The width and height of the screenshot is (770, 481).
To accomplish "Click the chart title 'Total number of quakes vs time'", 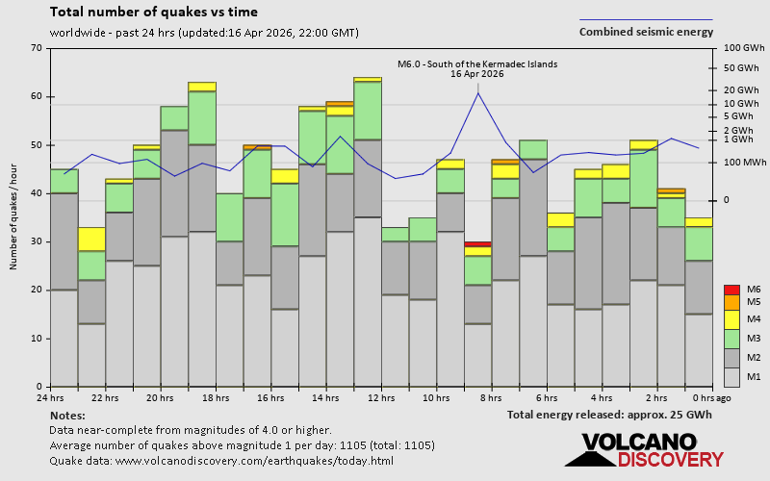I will tap(153, 13).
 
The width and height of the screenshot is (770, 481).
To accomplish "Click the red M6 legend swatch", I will tap(731, 290).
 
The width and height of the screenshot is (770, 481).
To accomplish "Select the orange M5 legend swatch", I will tap(731, 302).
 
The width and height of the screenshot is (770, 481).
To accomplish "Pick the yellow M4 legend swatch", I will tap(731, 318).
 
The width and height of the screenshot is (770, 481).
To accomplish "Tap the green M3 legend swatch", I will tap(731, 339).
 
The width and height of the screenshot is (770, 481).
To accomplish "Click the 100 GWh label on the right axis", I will tap(743, 48).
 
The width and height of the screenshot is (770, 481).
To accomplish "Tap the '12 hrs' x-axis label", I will tap(381, 397).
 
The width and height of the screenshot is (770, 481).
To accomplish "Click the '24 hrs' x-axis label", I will tap(50, 397).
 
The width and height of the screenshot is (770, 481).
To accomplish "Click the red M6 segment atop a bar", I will tap(478, 244).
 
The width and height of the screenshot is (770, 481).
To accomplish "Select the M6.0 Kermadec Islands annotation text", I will tap(477, 64).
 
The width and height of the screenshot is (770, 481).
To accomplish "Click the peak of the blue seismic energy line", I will tap(478, 92).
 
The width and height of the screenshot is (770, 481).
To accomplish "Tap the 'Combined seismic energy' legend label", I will tap(646, 32).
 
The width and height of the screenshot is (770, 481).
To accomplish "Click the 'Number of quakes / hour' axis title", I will tap(14, 217).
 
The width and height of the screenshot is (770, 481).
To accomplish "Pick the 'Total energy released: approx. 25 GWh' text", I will tap(610, 415).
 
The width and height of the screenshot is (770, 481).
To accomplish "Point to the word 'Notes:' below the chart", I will tap(66, 415).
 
